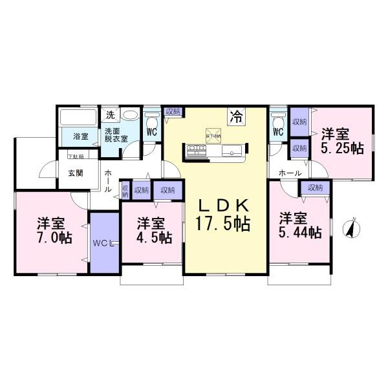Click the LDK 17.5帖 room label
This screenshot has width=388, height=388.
224,215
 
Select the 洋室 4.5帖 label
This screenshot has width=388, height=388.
153,230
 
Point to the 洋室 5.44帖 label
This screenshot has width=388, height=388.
300,225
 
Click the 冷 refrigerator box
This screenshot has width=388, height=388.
236,117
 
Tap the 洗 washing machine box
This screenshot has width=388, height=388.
110,115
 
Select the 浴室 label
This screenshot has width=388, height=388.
80,136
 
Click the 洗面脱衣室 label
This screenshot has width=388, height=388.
116,135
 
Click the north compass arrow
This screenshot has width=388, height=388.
352,228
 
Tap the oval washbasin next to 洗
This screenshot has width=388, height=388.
130,116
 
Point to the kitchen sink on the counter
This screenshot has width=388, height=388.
232,152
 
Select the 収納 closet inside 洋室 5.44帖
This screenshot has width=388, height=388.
315,188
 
